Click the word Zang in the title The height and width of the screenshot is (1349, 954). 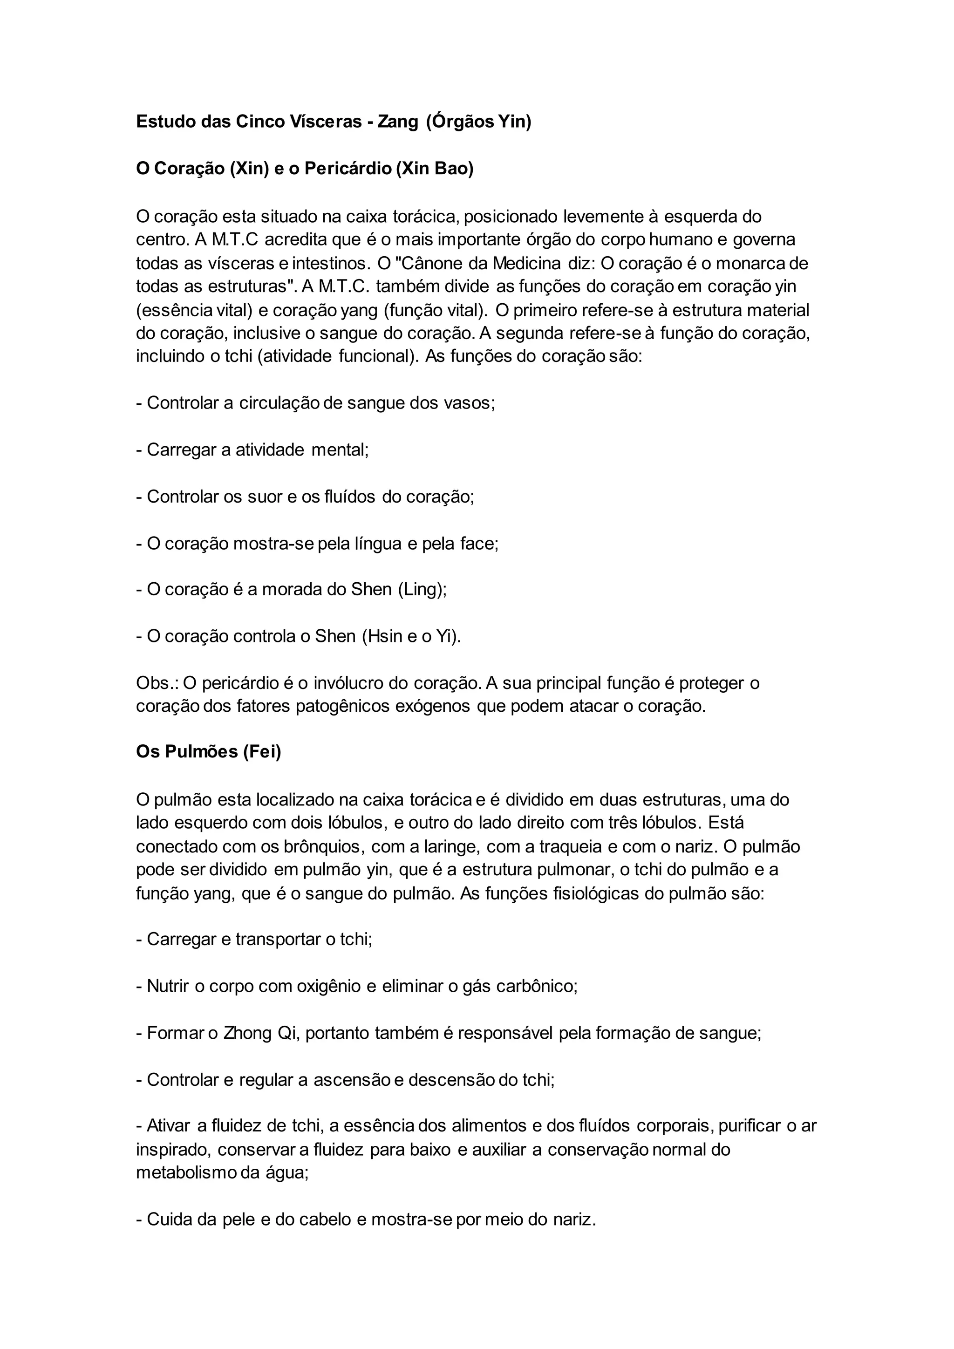pos(398,122)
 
